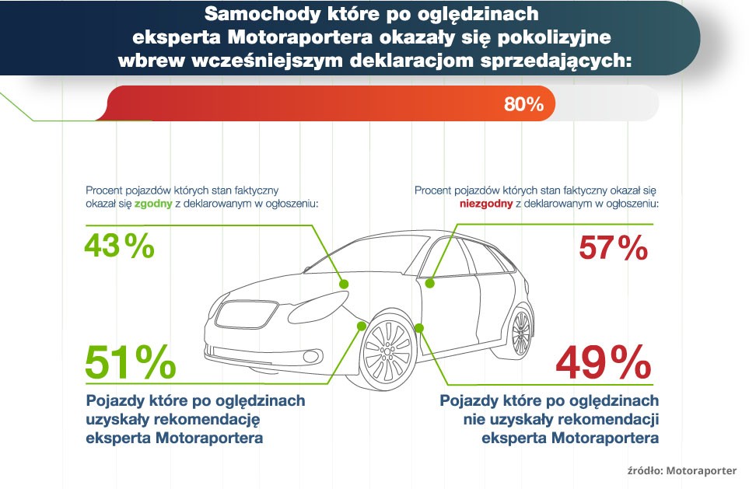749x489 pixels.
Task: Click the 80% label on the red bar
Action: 523,104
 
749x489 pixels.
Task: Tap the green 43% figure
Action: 119,246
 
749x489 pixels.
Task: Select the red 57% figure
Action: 614,249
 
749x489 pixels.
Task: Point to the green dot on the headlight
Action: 343,284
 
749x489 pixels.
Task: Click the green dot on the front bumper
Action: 361,325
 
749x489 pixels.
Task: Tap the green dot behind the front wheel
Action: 419,328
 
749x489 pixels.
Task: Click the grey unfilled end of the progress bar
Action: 607,103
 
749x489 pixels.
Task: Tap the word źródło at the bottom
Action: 644,470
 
